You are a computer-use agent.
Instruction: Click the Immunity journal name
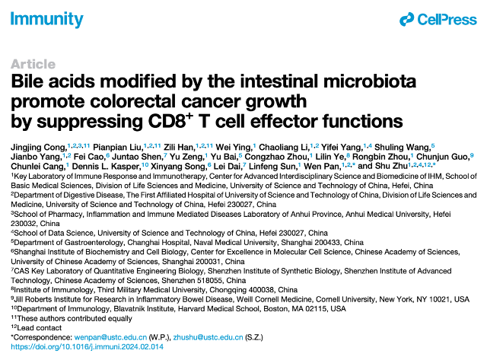pyautogui.click(x=47, y=19)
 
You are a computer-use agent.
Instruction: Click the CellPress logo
pyautogui.click(x=438, y=20)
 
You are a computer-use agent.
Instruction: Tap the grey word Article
pyautogui.click(x=33, y=64)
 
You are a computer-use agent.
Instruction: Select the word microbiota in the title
pyautogui.click(x=370, y=81)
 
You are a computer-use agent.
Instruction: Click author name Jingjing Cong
pyautogui.click(x=39, y=147)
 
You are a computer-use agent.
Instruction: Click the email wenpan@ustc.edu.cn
pyautogui.click(x=110, y=337)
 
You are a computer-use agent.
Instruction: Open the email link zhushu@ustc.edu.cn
pyautogui.click(x=208, y=337)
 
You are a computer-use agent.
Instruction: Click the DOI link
pyautogui.click(x=87, y=346)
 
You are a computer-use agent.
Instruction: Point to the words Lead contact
pyautogui.click(x=40, y=328)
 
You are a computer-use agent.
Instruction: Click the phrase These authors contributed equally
pyautogui.click(x=75, y=318)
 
